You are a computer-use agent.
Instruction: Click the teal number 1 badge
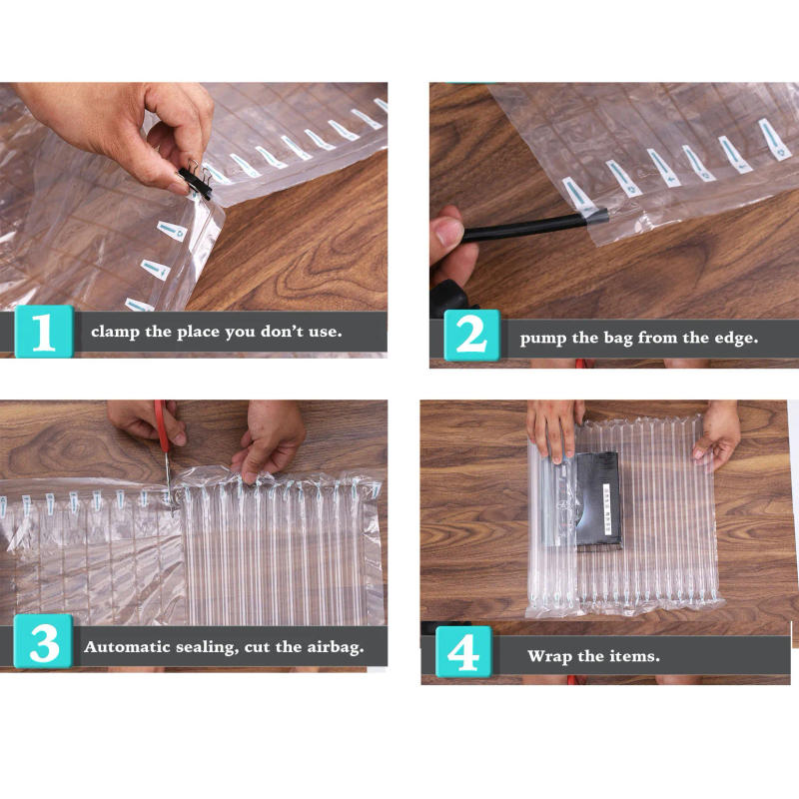tap(43, 332)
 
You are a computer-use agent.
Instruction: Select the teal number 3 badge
tap(43, 646)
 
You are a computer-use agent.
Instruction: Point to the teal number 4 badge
tap(462, 655)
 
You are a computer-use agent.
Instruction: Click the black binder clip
tap(195, 181)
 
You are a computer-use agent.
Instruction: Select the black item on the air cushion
tap(597, 498)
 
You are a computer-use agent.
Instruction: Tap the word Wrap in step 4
tap(550, 656)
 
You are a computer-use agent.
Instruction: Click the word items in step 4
tap(635, 656)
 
